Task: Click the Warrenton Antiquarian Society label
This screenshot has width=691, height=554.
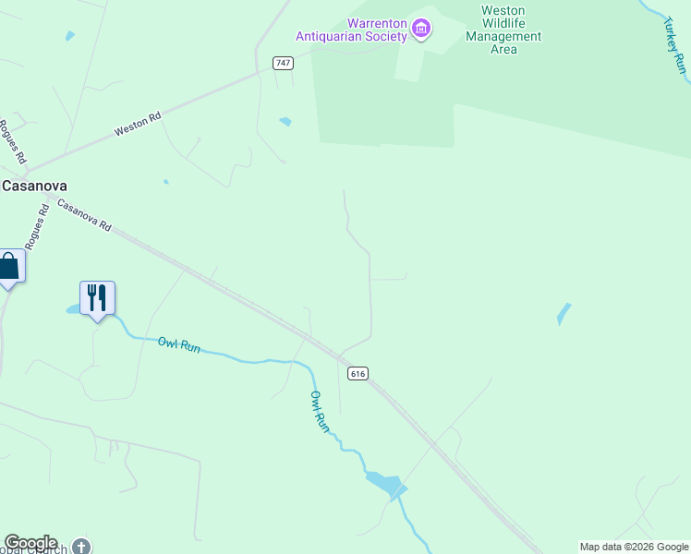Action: pyautogui.click(x=351, y=30)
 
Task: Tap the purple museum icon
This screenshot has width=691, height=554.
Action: pyautogui.click(x=421, y=29)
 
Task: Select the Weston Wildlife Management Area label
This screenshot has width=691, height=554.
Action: pyautogui.click(x=503, y=30)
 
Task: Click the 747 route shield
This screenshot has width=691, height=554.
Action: pyautogui.click(x=283, y=62)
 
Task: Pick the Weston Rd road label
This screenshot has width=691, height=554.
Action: pyautogui.click(x=138, y=126)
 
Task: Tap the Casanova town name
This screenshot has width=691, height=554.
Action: pyautogui.click(x=34, y=185)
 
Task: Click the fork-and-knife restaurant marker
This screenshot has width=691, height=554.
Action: pyautogui.click(x=97, y=297)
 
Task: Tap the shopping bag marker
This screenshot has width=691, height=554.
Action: pyautogui.click(x=8, y=267)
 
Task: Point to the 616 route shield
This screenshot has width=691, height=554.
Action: pyautogui.click(x=358, y=373)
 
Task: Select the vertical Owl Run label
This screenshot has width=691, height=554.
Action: pyautogui.click(x=319, y=411)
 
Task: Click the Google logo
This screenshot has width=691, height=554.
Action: pyautogui.click(x=30, y=543)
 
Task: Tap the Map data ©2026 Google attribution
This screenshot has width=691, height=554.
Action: pyautogui.click(x=635, y=547)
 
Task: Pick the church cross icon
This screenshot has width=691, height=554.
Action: pyautogui.click(x=82, y=546)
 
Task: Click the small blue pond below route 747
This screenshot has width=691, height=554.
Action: pyautogui.click(x=285, y=121)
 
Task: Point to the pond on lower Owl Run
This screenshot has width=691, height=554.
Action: pyautogui.click(x=385, y=484)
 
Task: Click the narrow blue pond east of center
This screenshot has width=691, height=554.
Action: pyautogui.click(x=564, y=314)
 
